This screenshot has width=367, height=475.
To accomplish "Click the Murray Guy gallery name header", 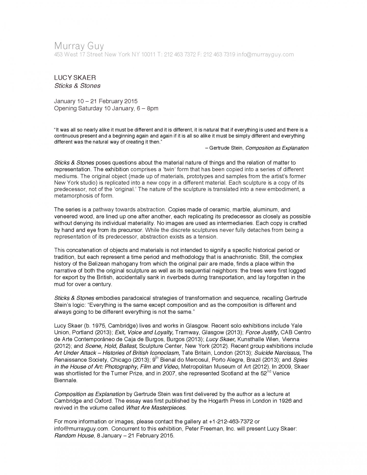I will (79, 46).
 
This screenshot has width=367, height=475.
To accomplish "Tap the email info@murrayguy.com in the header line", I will (265, 55).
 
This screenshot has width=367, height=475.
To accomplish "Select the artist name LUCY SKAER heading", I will (75, 78).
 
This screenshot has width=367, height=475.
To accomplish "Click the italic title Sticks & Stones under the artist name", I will (77, 86).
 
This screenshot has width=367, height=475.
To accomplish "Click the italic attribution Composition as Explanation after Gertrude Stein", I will (277, 148).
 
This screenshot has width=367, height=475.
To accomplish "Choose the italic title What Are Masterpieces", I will (156, 408).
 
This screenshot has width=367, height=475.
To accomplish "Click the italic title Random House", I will (74, 436).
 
